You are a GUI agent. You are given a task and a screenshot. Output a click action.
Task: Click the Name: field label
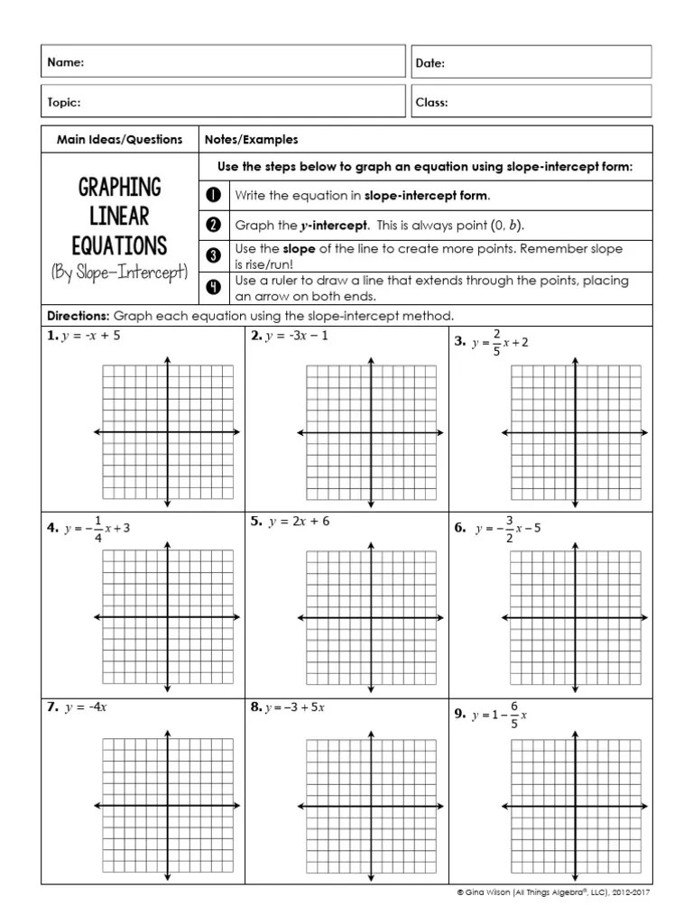click(66, 63)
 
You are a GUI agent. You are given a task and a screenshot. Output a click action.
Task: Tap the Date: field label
click(430, 63)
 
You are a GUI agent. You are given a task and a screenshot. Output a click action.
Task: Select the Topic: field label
click(64, 103)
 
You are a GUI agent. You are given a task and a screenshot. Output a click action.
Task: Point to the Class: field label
click(432, 103)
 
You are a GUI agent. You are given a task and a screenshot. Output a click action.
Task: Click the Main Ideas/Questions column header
click(119, 140)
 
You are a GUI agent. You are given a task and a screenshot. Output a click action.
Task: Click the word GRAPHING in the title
click(119, 188)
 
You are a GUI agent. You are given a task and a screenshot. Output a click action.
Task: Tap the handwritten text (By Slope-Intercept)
click(119, 273)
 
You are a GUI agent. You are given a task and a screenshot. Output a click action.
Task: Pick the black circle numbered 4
click(214, 287)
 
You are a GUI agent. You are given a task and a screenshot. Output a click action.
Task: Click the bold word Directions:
click(77, 317)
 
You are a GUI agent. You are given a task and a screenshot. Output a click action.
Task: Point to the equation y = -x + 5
click(90, 337)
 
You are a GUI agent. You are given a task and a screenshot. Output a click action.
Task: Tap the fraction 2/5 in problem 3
click(496, 342)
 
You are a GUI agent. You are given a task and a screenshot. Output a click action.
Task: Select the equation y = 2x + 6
click(299, 522)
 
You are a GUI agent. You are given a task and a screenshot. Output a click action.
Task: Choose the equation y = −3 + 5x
click(294, 707)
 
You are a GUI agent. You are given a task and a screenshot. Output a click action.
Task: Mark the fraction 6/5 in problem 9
click(514, 714)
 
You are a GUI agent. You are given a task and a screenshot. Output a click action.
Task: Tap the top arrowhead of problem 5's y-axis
click(370, 543)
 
